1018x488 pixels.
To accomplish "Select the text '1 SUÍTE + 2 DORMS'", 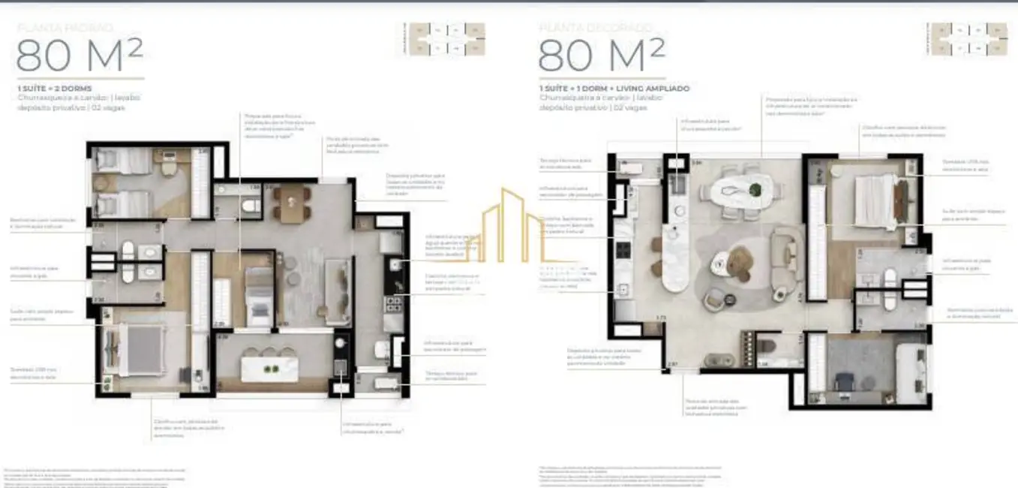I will pyautogui.click(x=55, y=88).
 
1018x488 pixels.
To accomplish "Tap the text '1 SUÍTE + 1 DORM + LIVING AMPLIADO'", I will pyautogui.click(x=614, y=88).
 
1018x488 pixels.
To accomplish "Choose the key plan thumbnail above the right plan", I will pyautogui.click(x=969, y=40).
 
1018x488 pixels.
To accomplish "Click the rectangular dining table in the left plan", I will pyautogui.click(x=292, y=203).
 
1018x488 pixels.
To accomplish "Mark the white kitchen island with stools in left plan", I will pyautogui.click(x=269, y=369).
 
